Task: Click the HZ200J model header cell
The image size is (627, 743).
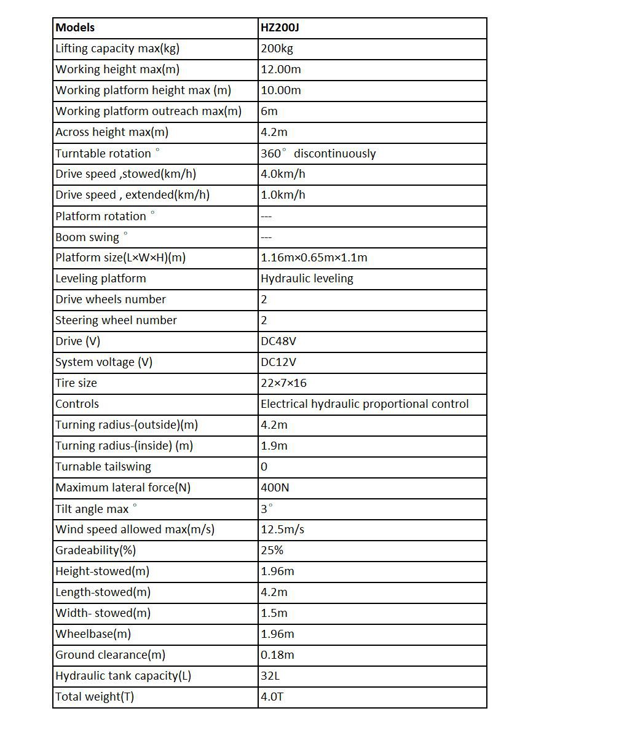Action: pos(280,28)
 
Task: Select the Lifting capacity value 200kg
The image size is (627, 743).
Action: pos(277,49)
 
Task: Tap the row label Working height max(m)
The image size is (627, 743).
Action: pos(117,70)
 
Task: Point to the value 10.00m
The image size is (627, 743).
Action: pos(281,90)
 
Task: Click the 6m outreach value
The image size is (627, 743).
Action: pos(269,111)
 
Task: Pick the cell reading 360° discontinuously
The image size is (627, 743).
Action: pos(318,153)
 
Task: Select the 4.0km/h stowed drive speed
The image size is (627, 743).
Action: pos(283,174)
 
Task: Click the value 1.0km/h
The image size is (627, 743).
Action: pos(283,195)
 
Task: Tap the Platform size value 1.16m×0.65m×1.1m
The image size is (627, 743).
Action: pos(313,258)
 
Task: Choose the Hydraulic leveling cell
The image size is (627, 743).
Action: pos(307,279)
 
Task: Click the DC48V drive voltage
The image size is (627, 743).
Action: pos(278,341)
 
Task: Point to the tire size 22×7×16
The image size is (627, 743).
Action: pos(283,383)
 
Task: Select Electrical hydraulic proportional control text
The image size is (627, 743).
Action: pos(365,404)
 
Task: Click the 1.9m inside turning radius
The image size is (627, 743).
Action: pos(274,446)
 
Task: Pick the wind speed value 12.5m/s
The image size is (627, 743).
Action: pos(282,530)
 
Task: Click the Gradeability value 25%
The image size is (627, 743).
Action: pos(272,550)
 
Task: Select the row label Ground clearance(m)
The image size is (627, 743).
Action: pos(110,655)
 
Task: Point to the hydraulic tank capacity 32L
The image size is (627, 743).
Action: pos(270,676)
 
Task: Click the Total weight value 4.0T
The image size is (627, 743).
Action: pos(272,697)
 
